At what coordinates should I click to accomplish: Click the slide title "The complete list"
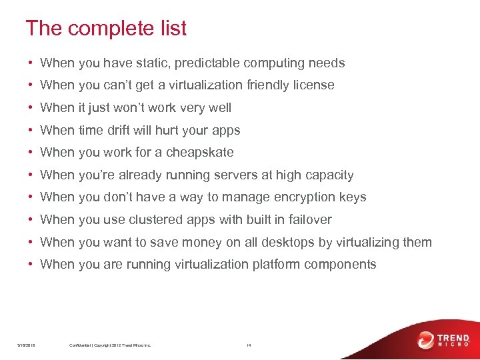pyautogui.click(x=106, y=29)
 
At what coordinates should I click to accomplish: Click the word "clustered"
pyautogui.click(x=154, y=219)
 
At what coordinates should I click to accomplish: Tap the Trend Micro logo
pyautogui.click(x=444, y=340)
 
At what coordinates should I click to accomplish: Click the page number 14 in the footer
pyautogui.click(x=248, y=345)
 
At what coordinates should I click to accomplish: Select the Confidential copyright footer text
pyautogui.click(x=110, y=345)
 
